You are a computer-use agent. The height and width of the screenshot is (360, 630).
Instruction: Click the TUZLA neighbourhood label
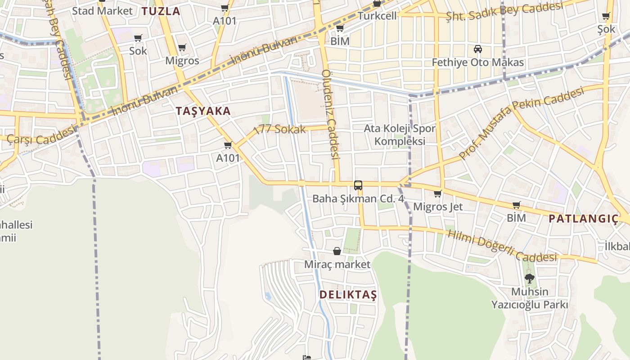point(161,11)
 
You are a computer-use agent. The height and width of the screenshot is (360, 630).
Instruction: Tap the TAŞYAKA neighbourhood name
point(203,111)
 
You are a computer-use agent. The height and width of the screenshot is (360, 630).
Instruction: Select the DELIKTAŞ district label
point(348,295)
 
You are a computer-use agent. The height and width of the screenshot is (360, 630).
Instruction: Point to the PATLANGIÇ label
point(584,219)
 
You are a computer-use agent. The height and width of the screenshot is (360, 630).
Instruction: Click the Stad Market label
point(102,11)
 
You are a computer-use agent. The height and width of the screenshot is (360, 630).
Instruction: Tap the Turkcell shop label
point(377,16)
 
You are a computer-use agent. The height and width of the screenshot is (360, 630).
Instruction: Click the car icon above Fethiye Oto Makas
point(478,49)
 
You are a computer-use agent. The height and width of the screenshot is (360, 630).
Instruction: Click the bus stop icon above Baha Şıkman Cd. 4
point(358,185)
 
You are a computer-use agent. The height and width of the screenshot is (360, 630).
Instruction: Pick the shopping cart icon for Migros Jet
point(437,194)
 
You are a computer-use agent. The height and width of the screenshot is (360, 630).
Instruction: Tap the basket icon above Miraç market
point(337,251)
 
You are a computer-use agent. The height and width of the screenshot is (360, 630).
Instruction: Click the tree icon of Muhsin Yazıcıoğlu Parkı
point(529,279)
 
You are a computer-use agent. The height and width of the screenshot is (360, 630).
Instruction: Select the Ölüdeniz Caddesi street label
point(330,115)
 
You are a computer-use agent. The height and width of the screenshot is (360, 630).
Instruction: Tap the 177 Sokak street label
point(280,130)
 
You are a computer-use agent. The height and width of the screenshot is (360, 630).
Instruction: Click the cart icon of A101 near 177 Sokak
point(228,145)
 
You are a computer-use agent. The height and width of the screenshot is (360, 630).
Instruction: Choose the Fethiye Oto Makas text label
point(478,62)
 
